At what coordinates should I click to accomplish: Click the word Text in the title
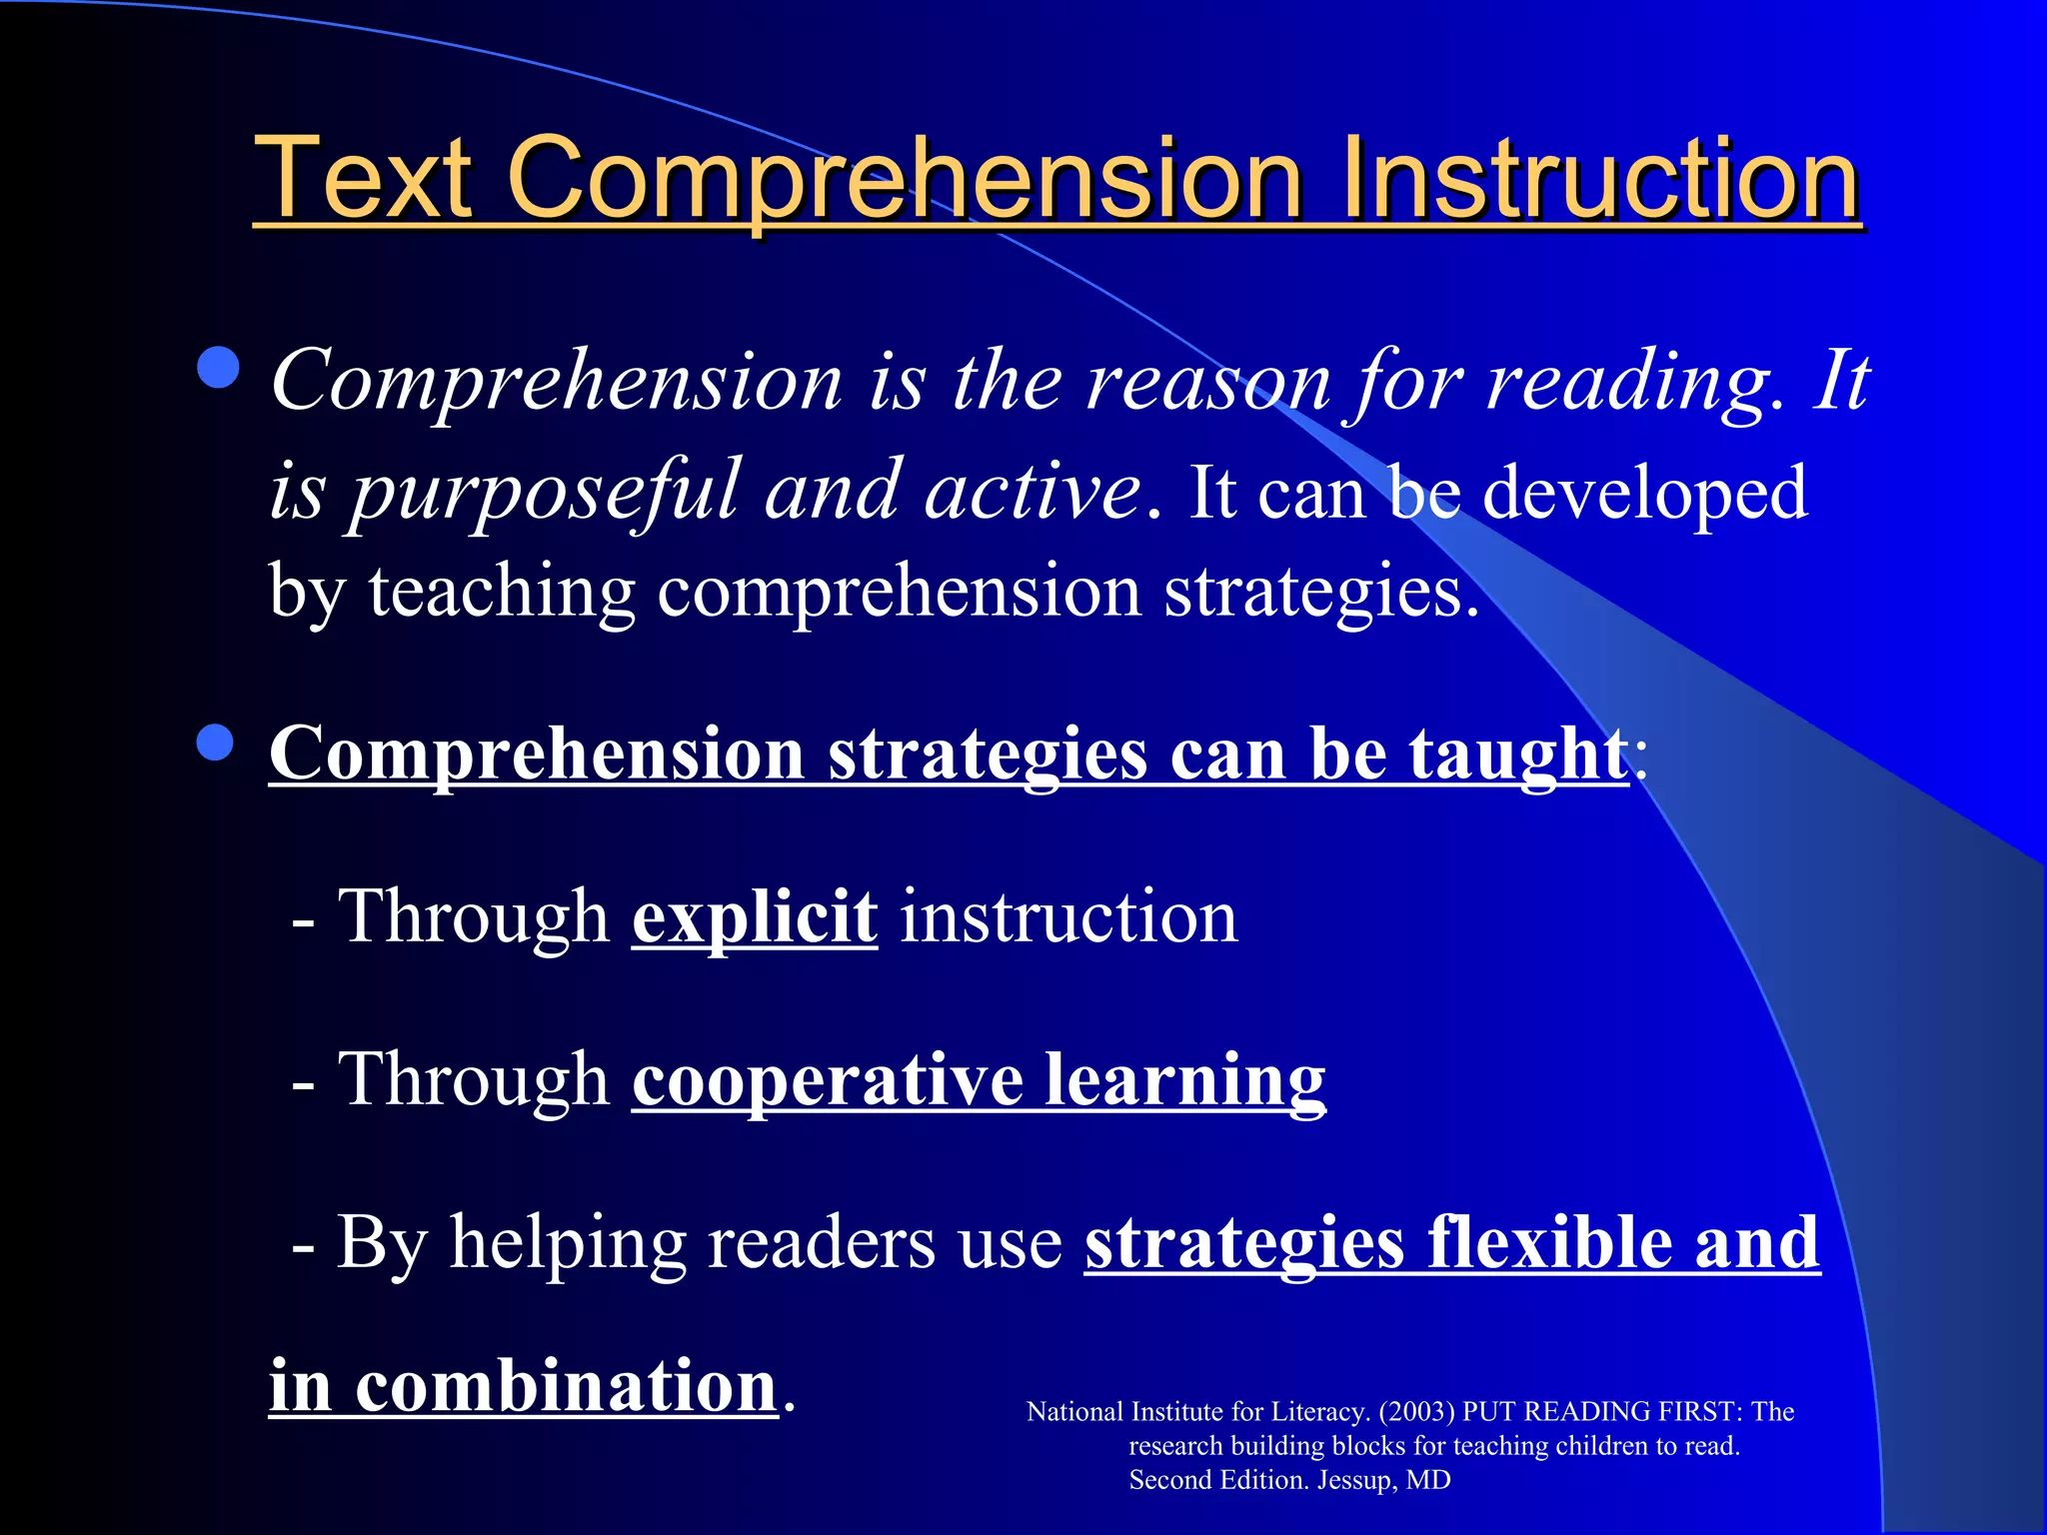click(362, 180)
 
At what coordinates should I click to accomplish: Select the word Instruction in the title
click(1599, 180)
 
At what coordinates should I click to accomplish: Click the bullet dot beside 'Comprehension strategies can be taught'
click(215, 743)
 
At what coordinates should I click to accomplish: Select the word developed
click(1645, 493)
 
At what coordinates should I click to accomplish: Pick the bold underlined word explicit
click(755, 917)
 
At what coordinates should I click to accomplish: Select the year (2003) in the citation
click(1416, 1412)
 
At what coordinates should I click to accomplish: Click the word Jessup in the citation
click(1357, 1480)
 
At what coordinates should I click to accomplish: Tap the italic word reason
click(1209, 383)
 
